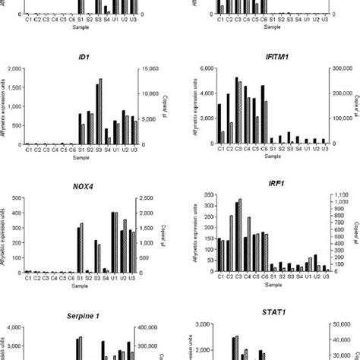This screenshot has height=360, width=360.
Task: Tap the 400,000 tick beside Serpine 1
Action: click(x=152, y=327)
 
